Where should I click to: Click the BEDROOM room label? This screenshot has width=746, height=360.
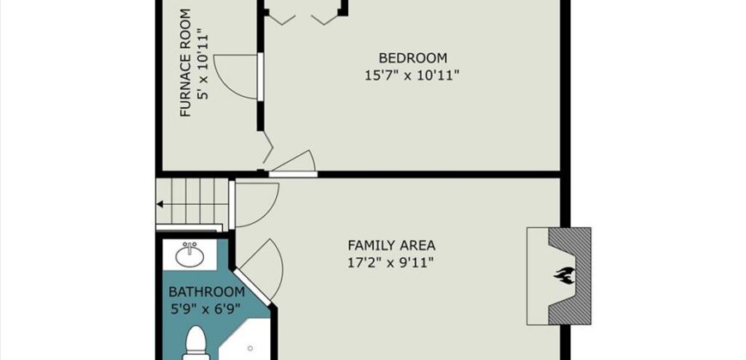pos(413,58)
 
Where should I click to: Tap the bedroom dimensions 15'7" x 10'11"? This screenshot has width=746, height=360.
pos(412,75)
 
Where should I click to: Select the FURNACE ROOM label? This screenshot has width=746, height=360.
pos(185,63)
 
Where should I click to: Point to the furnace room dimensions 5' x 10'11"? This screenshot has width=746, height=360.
pos(203,64)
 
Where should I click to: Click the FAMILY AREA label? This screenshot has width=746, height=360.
pos(392,245)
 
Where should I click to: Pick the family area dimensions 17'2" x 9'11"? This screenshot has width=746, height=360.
pos(391,263)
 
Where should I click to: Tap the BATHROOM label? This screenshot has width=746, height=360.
pos(207,291)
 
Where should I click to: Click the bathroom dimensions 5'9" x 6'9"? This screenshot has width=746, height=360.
pos(206,309)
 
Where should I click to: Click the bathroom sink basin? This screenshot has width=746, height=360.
pos(190,255)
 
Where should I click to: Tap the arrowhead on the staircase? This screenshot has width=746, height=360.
pos(160,205)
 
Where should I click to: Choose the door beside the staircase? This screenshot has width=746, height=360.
pos(254,205)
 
